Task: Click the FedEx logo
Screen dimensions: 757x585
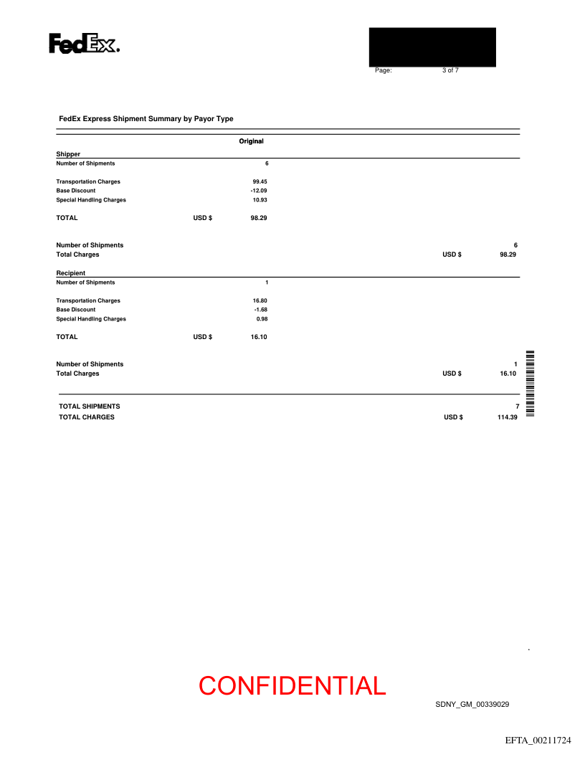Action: click(84, 44)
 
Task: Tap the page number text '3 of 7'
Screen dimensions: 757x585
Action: click(450, 70)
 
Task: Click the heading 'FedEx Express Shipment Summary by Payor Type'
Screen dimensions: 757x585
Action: click(146, 119)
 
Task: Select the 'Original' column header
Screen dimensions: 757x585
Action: click(251, 141)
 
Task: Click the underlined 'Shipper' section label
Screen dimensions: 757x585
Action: click(68, 154)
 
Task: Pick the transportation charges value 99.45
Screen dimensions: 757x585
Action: click(260, 182)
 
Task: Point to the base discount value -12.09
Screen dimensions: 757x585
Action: click(259, 191)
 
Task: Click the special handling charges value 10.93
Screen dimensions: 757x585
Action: click(260, 200)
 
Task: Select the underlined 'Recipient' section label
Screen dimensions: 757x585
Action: click(71, 273)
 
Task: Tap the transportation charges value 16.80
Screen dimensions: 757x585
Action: click(260, 301)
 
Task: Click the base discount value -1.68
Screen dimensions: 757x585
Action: click(260, 310)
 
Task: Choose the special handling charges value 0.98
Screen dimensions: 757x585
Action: click(262, 319)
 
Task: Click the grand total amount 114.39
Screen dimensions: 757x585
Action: click(507, 417)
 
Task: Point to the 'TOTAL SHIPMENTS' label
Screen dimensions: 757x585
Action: click(90, 406)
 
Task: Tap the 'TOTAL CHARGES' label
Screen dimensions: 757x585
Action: click(87, 417)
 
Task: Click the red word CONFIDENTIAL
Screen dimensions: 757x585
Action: click(292, 686)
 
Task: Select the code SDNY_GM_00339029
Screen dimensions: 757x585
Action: click(472, 705)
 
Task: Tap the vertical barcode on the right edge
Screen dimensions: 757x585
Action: click(531, 384)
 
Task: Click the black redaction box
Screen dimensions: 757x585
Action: click(432, 47)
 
